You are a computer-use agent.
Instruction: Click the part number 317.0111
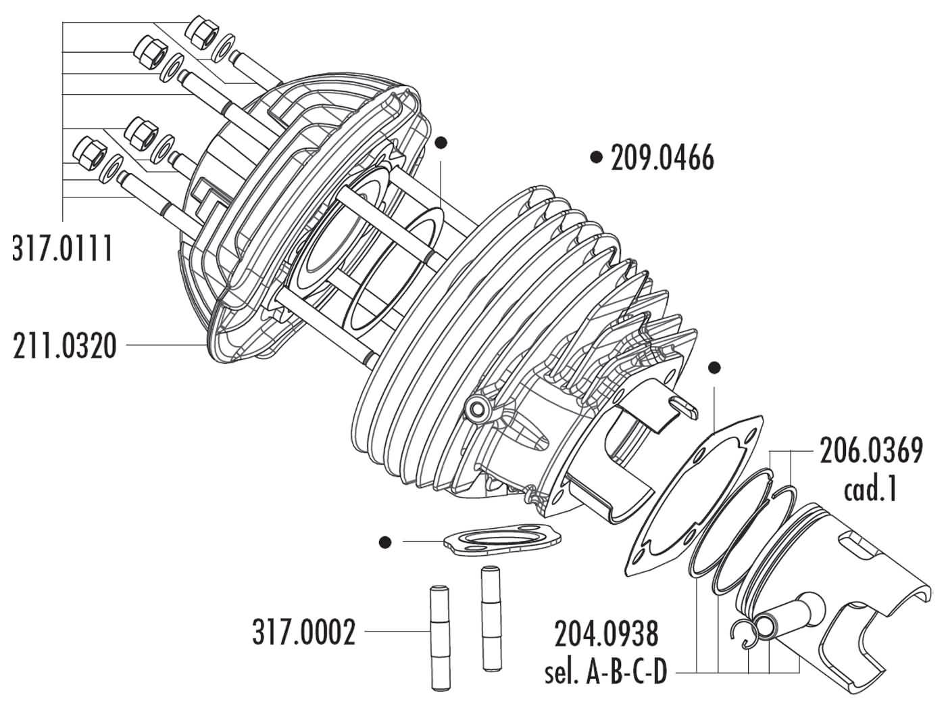pyautogui.click(x=62, y=250)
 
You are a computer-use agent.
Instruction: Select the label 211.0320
pyautogui.click(x=65, y=346)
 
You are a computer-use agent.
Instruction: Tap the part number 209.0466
pyautogui.click(x=662, y=158)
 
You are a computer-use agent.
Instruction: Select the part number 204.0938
pyautogui.click(x=605, y=636)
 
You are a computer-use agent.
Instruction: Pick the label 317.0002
pyautogui.click(x=303, y=634)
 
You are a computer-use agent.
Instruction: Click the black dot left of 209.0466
pyautogui.click(x=595, y=158)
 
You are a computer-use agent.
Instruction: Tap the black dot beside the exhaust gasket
pyautogui.click(x=386, y=542)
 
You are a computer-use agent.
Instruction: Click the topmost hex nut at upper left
pyautogui.click(x=201, y=31)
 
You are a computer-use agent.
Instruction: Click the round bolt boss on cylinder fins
pyautogui.click(x=479, y=408)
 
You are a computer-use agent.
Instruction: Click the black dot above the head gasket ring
pyautogui.click(x=441, y=143)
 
